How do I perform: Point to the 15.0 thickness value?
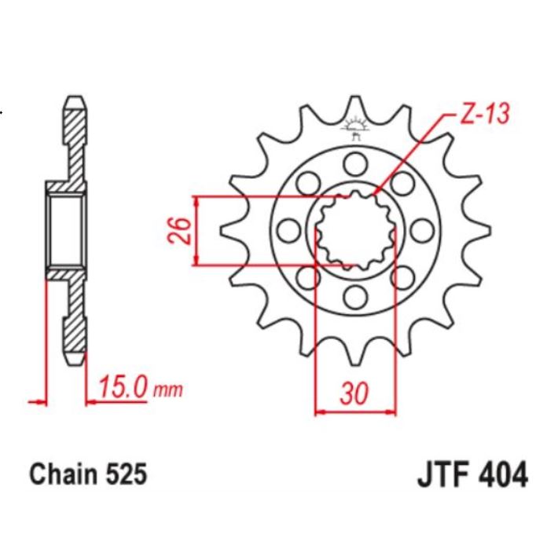[124, 387]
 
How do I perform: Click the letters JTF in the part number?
[439, 475]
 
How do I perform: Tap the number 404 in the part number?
[501, 475]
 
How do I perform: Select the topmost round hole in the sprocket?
[355, 163]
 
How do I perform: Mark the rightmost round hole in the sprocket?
[422, 230]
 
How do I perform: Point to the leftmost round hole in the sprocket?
[288, 230]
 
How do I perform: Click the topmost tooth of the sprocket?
[355, 106]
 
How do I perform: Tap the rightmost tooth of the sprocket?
[481, 230]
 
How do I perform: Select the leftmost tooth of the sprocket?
[229, 230]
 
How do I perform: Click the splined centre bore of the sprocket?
[355, 230]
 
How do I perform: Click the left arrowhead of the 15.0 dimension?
[36, 402]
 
